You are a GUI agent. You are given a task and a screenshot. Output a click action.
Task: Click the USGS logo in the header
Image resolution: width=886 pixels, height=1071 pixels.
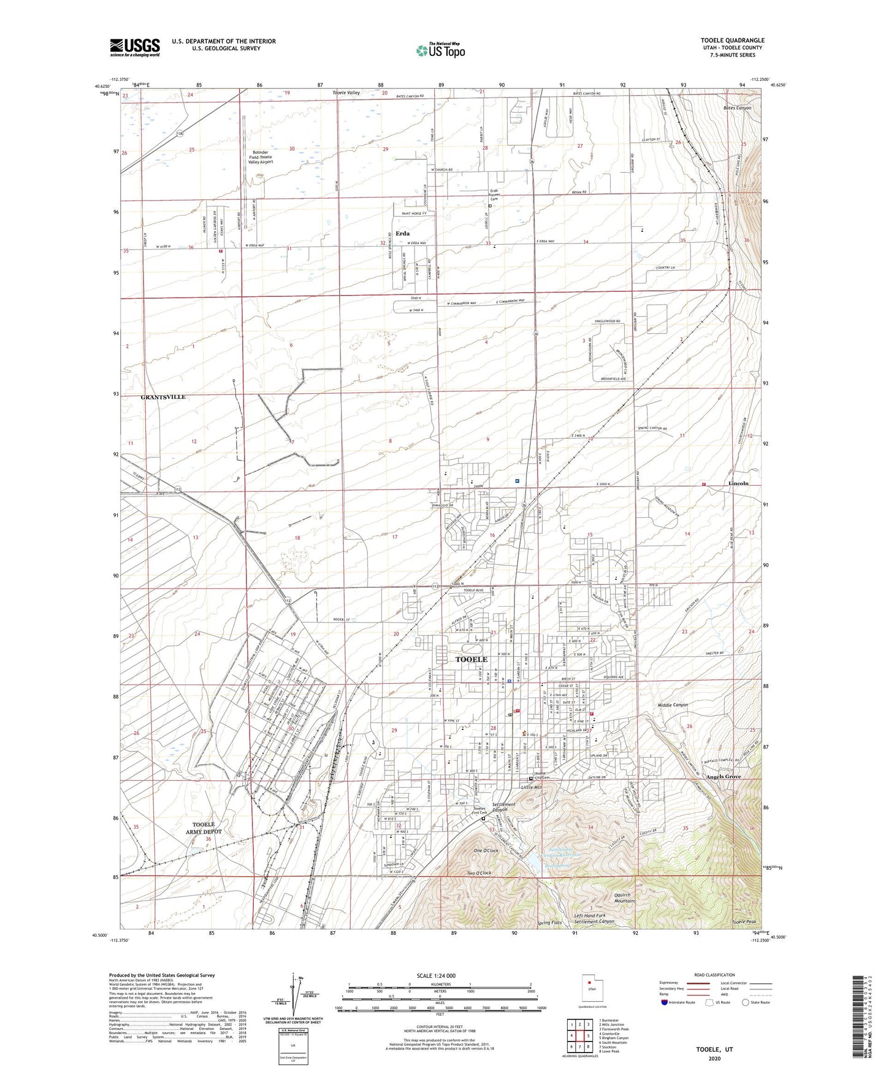coord(135,47)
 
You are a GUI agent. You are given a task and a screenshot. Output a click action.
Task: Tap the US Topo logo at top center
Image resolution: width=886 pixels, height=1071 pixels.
coord(440,50)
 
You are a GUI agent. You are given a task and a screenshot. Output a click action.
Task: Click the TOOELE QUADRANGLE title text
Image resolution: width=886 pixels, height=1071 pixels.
coord(732,40)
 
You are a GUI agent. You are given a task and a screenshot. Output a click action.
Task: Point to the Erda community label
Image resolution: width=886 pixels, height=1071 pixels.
coord(402,233)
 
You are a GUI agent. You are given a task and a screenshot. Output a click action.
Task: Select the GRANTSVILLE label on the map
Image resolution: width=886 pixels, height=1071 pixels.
coord(163,397)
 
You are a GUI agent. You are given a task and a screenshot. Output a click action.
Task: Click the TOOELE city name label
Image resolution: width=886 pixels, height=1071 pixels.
coord(472,659)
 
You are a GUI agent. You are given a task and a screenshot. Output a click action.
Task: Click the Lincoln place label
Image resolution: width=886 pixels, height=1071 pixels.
coord(738,483)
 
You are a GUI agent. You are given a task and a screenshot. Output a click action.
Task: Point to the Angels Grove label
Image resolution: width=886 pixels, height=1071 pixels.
coord(724,777)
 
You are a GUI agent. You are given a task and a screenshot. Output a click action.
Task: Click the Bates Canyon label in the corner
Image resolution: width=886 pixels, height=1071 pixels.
coord(737,107)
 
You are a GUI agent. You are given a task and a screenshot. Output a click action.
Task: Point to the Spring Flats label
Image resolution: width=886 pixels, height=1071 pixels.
coord(549,923)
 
